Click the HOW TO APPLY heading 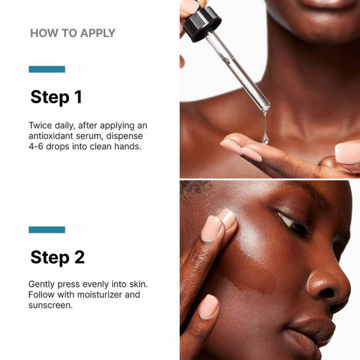pyautogui.click(x=73, y=33)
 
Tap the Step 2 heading pyautogui.click(x=57, y=257)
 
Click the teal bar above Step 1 pyautogui.click(x=47, y=70)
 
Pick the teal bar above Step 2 pyautogui.click(x=47, y=230)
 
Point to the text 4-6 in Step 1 pyautogui.click(x=39, y=146)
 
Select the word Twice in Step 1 pyautogui.click(x=41, y=125)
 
